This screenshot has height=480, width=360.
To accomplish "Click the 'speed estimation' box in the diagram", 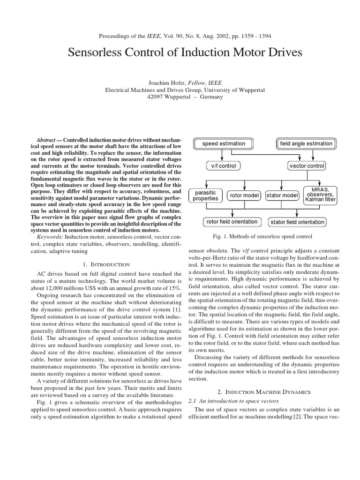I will point(223,143).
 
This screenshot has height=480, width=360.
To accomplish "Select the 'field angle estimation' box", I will point(306,143).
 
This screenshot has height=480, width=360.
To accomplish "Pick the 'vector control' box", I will point(307,166).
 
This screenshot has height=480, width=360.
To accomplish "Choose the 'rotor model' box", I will point(245,195).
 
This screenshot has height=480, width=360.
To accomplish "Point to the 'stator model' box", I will point(282,195).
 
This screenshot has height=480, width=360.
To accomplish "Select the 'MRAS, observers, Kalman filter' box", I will point(320,195).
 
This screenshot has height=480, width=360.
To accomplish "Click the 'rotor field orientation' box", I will point(232,222).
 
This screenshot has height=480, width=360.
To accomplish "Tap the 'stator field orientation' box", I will point(297,222).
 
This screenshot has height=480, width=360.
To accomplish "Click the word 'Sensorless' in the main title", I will point(99,52).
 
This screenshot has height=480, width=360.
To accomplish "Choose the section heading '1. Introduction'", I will point(103,265).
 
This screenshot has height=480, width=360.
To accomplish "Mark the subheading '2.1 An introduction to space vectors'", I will point(233,401).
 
